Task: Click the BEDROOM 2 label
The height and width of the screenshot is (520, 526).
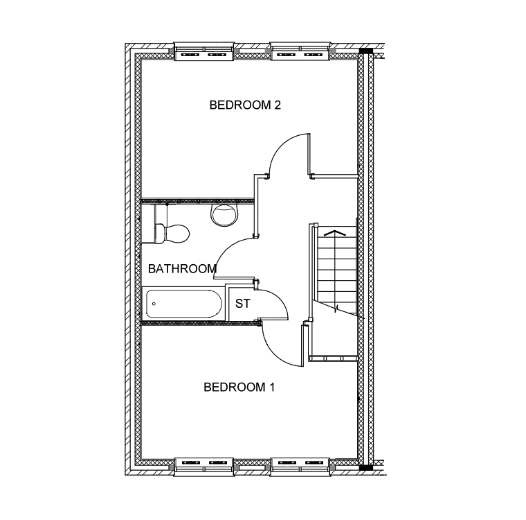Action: pyautogui.click(x=245, y=105)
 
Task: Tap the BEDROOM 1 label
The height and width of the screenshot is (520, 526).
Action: pyautogui.click(x=239, y=388)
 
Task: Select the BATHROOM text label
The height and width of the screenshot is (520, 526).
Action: pyautogui.click(x=182, y=269)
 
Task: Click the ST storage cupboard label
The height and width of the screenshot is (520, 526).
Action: pyautogui.click(x=242, y=304)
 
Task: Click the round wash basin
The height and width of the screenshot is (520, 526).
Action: pyautogui.click(x=224, y=215)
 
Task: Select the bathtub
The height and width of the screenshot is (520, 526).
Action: pyautogui.click(x=183, y=304)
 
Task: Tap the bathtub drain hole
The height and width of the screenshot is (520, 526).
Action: pyautogui.click(x=154, y=304)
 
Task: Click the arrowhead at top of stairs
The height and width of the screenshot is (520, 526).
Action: pyautogui.click(x=334, y=232)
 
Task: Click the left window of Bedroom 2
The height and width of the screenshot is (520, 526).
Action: pyautogui.click(x=203, y=51)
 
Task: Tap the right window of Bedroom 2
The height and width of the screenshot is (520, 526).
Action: pyautogui.click(x=300, y=51)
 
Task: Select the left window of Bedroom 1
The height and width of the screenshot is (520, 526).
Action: pyautogui.click(x=203, y=467)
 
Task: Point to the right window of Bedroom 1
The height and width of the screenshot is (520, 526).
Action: pyautogui.click(x=300, y=467)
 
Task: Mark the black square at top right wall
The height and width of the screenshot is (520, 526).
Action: pyautogui.click(x=366, y=51)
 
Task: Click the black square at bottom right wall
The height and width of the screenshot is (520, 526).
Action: pyautogui.click(x=366, y=467)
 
